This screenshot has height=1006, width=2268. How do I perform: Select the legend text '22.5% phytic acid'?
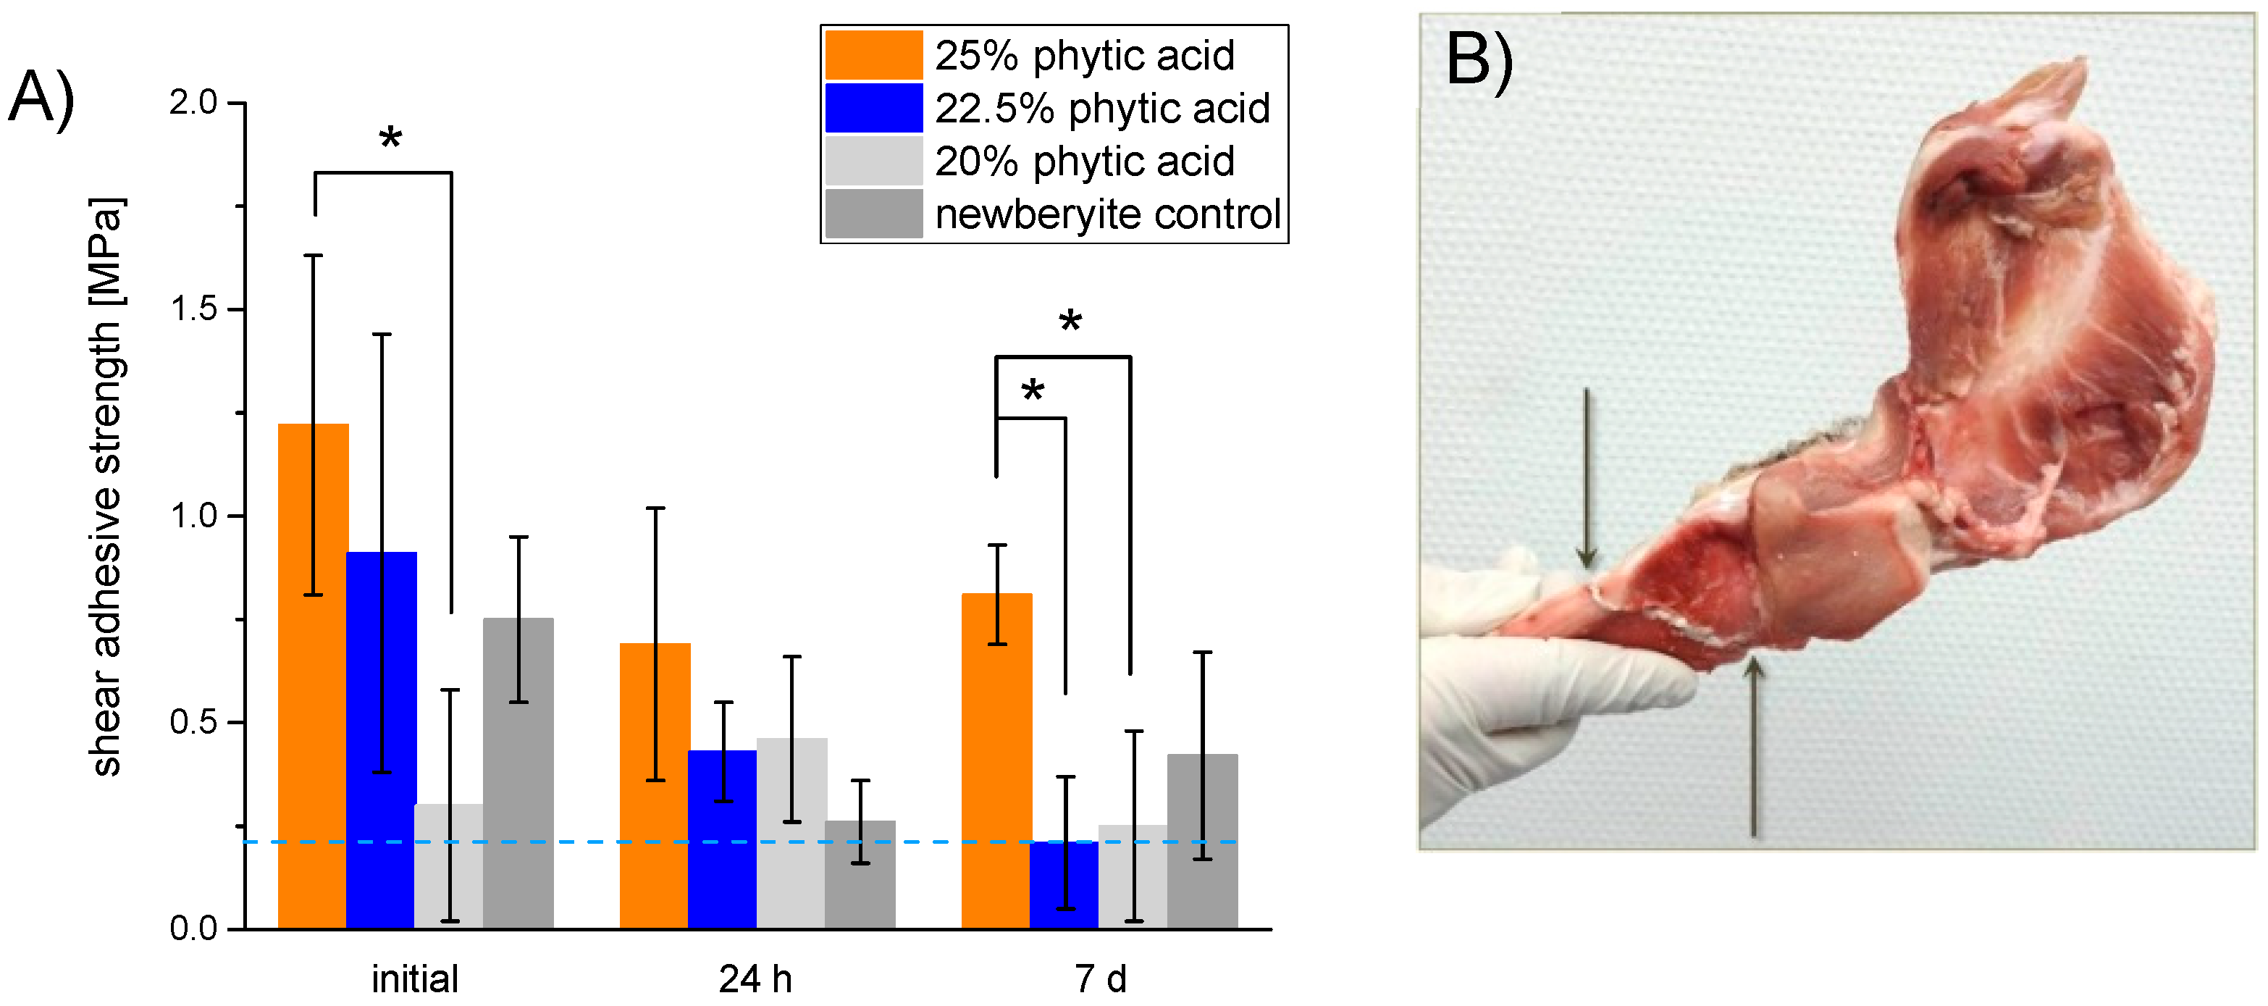pos(1101,109)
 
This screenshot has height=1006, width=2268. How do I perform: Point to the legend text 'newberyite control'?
pos(1106,214)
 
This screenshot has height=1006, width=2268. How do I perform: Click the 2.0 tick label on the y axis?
pos(193,103)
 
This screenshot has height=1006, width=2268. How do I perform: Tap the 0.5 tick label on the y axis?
pos(193,722)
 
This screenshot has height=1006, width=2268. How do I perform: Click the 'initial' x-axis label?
pos(415,978)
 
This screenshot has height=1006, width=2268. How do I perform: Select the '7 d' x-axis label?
pos(1100,978)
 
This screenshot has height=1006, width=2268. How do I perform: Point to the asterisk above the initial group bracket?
pos(390,139)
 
